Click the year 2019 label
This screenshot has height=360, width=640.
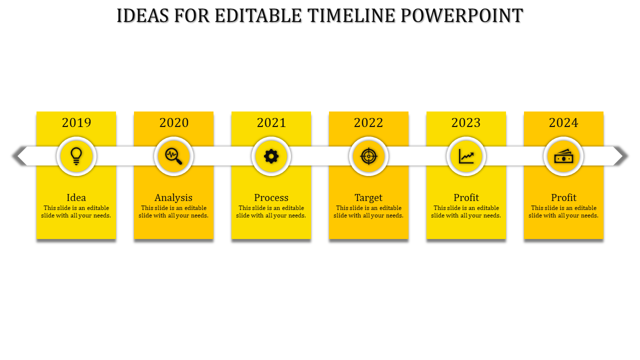pos(76,122)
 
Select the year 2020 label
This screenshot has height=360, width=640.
pos(174,122)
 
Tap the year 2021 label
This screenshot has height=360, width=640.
pos(271,122)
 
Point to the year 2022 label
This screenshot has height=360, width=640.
pos(368,122)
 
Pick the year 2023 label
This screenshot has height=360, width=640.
pos(466,122)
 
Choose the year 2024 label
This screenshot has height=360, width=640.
pos(563,122)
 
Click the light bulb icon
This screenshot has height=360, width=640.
pos(76,156)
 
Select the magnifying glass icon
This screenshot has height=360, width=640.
pos(174,156)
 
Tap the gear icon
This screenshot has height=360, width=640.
pos(271,156)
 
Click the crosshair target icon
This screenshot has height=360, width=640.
pos(368,156)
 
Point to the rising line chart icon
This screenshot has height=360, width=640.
pos(466,156)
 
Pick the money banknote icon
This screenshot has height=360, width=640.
pos(563,156)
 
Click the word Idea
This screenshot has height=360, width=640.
pos(76,197)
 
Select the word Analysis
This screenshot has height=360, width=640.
pos(173,197)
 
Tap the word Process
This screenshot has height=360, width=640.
pos(271,197)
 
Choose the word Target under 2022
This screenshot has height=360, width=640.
pos(368,197)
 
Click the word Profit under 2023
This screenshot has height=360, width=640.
pos(466,197)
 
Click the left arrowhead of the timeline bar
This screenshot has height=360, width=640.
pos(19,156)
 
